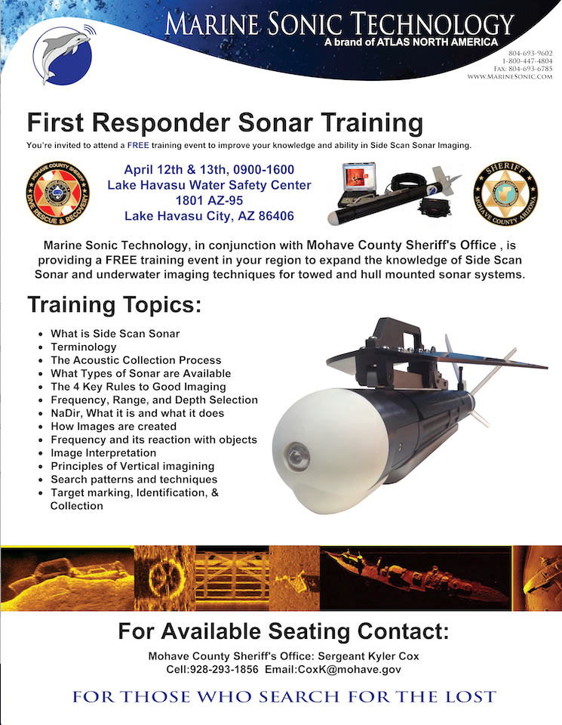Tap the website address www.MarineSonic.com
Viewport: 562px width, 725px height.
click(x=510, y=77)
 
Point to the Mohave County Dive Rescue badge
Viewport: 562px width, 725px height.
click(x=57, y=192)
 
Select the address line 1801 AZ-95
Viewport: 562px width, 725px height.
click(x=209, y=201)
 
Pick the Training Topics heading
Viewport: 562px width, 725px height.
click(x=115, y=306)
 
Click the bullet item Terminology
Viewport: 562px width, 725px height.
click(x=83, y=347)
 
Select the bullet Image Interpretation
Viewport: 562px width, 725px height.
click(x=103, y=452)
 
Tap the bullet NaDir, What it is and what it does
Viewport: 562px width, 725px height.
click(x=137, y=413)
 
